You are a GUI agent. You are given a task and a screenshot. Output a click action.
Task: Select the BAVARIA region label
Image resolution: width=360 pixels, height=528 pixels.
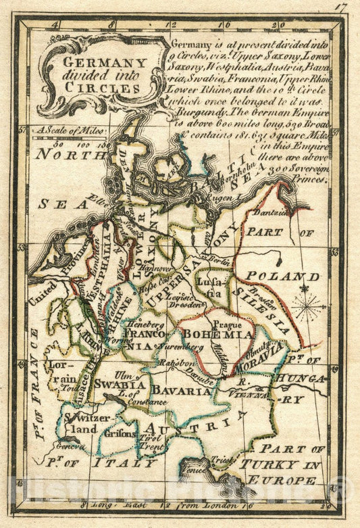pyautogui.click(x=180, y=391)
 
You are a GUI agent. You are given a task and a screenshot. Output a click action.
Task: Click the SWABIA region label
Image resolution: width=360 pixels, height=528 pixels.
pyautogui.click(x=121, y=384)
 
